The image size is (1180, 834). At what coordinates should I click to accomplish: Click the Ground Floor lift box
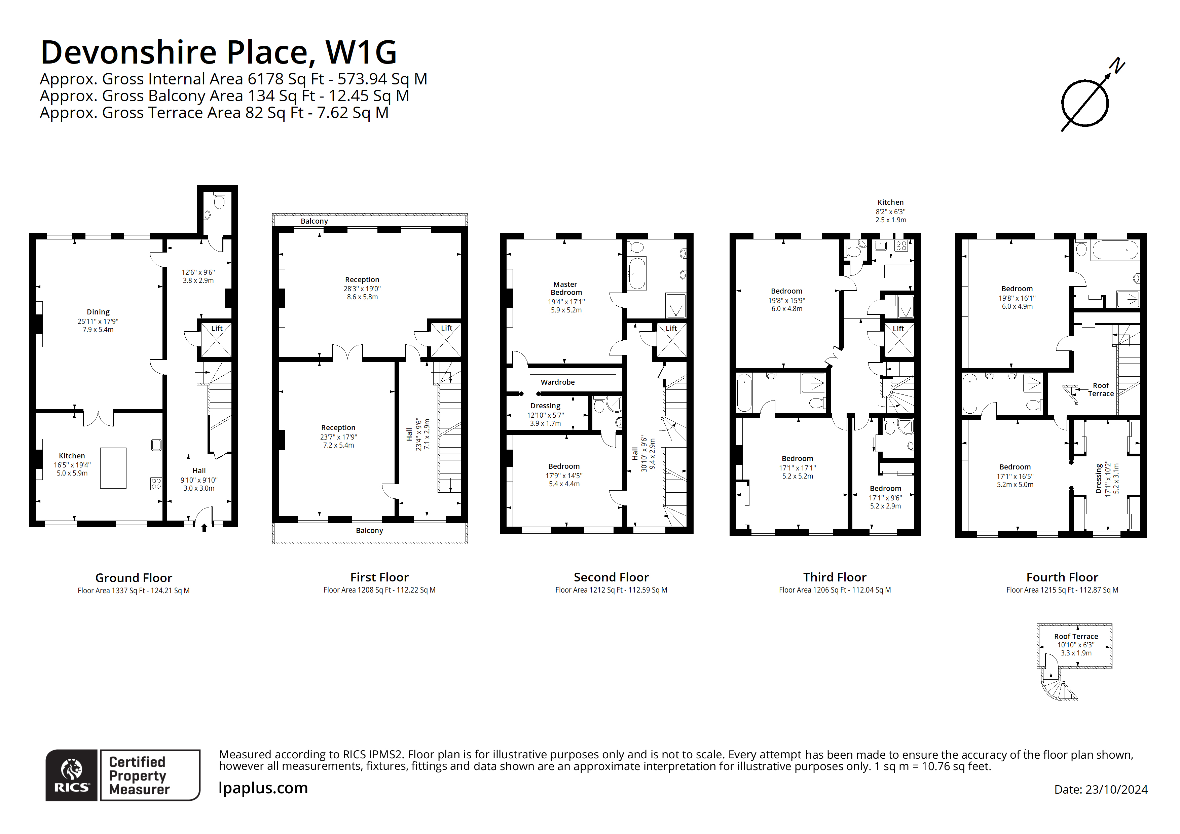click(x=216, y=341)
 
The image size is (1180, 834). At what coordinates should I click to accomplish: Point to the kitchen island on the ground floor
click(x=113, y=468)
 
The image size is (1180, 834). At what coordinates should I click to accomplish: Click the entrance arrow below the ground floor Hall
click(x=204, y=528)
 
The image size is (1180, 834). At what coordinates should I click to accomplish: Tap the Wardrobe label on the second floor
click(x=558, y=382)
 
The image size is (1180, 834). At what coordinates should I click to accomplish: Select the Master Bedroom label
click(x=566, y=288)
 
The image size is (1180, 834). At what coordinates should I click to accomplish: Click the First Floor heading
click(x=379, y=577)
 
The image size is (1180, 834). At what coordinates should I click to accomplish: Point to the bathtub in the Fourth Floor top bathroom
click(x=1115, y=250)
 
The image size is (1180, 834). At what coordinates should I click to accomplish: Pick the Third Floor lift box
click(x=898, y=341)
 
